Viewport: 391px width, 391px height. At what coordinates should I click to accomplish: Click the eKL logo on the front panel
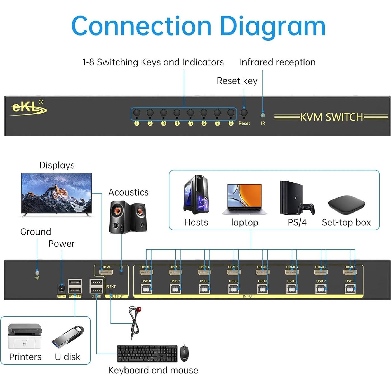pyautogui.click(x=29, y=108)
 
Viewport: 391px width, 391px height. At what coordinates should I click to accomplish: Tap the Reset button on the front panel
pyautogui.click(x=244, y=112)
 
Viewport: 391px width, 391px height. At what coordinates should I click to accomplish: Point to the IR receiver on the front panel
pyautogui.click(x=263, y=115)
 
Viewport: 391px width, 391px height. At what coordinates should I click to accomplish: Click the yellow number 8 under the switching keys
pyautogui.click(x=231, y=123)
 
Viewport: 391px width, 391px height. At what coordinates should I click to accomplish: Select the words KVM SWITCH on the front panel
pyautogui.click(x=331, y=117)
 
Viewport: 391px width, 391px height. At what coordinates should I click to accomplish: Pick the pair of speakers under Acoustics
pyautogui.click(x=128, y=217)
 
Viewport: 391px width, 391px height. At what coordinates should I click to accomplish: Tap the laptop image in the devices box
pyautogui.click(x=244, y=199)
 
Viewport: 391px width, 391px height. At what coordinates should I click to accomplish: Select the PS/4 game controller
pyautogui.click(x=307, y=208)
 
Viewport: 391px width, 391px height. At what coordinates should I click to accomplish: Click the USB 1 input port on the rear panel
pyautogui.click(x=350, y=289)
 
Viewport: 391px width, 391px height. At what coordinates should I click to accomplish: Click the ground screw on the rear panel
pyautogui.click(x=37, y=273)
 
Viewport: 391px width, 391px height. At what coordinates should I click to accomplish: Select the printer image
pyautogui.click(x=25, y=336)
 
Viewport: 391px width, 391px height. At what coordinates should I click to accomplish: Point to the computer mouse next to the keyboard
pyautogui.click(x=184, y=353)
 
